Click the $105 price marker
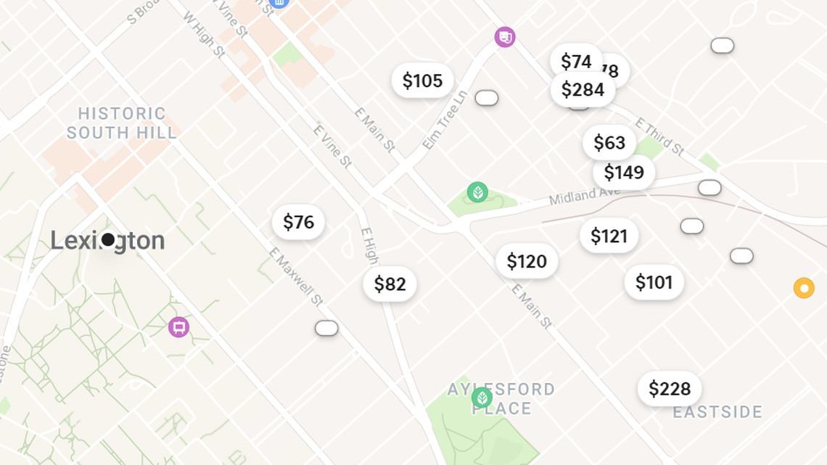coord(422,81)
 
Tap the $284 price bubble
coord(583,90)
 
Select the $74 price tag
coord(575,61)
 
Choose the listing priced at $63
coord(609,143)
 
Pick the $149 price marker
coord(624,173)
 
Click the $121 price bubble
coord(609,236)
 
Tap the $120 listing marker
coord(527,261)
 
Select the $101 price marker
coord(654,282)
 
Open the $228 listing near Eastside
coord(669,389)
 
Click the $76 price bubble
coord(298,222)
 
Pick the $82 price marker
coord(390,284)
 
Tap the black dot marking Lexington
coord(108,239)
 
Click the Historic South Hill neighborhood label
coord(122,123)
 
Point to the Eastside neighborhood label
coord(717,413)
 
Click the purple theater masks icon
coord(505,37)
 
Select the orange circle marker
coord(804,288)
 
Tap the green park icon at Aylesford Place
coord(482,398)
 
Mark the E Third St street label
coord(659,137)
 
